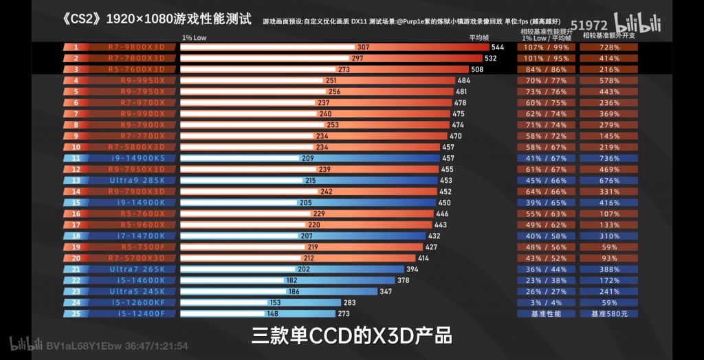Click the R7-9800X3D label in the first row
pos(136,47)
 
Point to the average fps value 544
pos(498,47)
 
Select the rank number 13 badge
pos(76,180)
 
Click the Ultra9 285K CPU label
pos(136,180)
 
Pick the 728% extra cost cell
pos(608,47)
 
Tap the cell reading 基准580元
pos(608,313)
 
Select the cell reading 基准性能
pos(547,313)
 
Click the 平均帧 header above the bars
pos(478,37)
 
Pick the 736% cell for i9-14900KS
pos(608,158)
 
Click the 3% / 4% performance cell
pos(547,302)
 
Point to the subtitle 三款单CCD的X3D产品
pos(351,337)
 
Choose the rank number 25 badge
pos(76,313)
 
